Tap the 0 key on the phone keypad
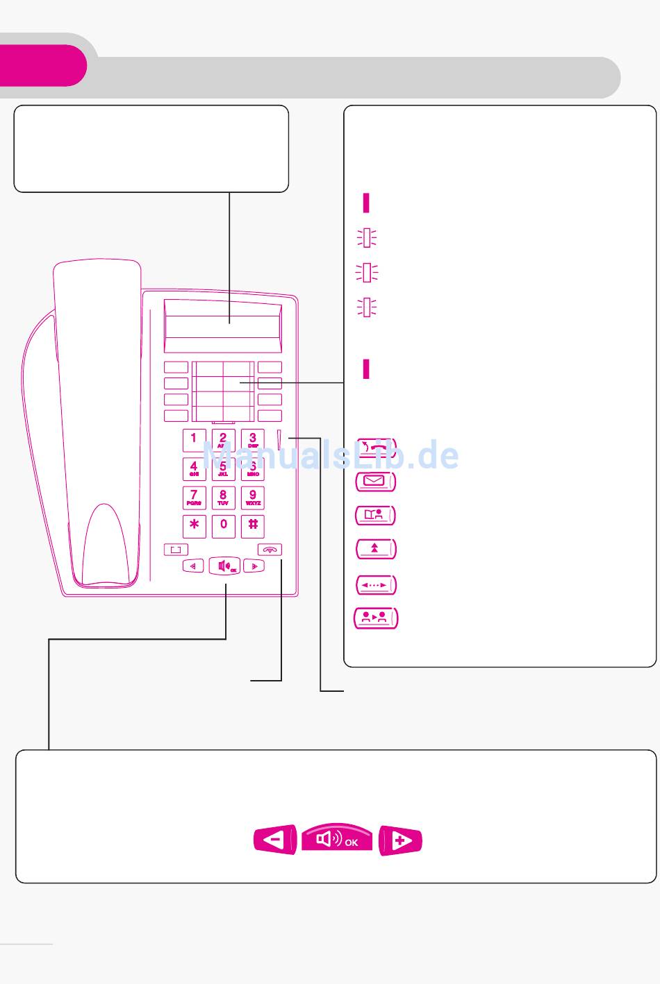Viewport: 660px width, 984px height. [x=224, y=525]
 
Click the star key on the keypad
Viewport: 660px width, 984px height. [x=194, y=525]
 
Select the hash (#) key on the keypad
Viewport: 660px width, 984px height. [x=253, y=525]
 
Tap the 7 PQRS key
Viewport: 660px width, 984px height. [x=194, y=498]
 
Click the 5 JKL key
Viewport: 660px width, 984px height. [x=223, y=469]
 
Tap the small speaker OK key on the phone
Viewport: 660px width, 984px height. [x=224, y=566]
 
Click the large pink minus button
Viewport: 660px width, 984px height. [x=275, y=840]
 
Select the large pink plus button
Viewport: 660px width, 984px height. [x=401, y=840]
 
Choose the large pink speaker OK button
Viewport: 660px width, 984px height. [x=337, y=839]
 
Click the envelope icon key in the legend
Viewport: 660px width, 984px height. [x=376, y=480]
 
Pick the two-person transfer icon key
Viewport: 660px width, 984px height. [x=376, y=618]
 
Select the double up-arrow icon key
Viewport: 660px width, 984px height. [x=376, y=548]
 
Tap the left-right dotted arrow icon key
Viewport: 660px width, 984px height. [x=376, y=584]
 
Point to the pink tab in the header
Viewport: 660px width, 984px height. [x=42, y=66]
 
